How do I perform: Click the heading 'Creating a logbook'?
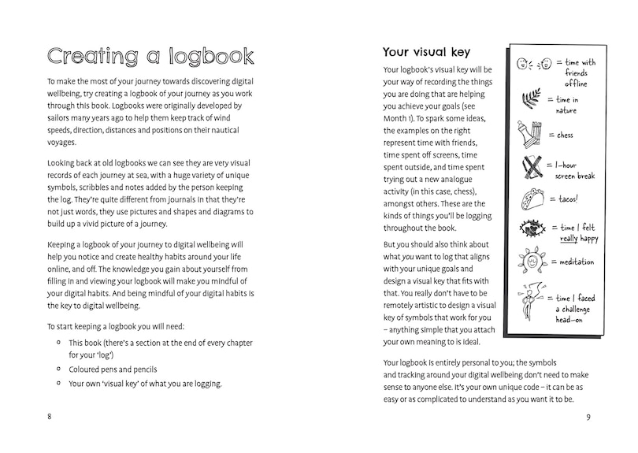tap(150, 57)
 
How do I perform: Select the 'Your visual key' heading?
tap(426, 52)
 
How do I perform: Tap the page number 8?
tap(50, 417)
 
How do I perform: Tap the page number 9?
tap(588, 417)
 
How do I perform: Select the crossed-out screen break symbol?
tap(532, 167)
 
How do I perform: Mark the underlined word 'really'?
tap(570, 237)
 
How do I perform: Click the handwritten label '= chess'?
tap(562, 135)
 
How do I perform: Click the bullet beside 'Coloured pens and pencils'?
tap(59, 368)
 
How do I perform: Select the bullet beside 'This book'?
tap(59, 343)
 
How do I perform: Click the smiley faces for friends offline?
tap(532, 64)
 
